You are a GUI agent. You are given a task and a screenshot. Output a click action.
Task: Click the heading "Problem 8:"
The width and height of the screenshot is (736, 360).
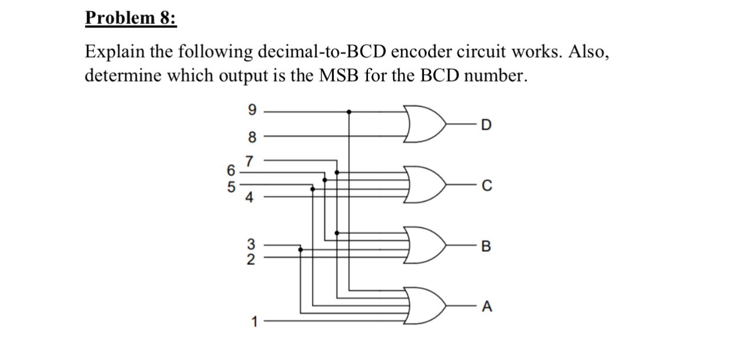pyautogui.click(x=131, y=19)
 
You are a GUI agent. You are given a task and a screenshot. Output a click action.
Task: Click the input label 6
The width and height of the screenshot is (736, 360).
pyautogui.click(x=231, y=170)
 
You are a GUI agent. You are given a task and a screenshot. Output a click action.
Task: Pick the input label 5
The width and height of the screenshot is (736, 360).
pyautogui.click(x=231, y=186)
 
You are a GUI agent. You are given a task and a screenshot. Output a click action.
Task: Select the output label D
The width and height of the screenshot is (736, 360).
pyautogui.click(x=485, y=124)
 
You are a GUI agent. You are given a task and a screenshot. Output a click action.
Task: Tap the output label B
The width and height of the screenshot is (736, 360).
pyautogui.click(x=485, y=247)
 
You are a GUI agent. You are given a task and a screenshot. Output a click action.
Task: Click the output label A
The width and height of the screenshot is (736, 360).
pyautogui.click(x=485, y=308)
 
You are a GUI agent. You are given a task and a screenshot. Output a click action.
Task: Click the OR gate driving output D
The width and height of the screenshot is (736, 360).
pyautogui.click(x=425, y=124)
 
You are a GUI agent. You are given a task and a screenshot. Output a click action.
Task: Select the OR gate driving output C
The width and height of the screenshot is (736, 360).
pyautogui.click(x=425, y=185)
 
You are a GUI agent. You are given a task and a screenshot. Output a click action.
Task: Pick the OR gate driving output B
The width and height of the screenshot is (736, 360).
pyautogui.click(x=425, y=246)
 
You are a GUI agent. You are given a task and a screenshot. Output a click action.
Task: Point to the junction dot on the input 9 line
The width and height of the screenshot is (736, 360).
pyautogui.click(x=349, y=112)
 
